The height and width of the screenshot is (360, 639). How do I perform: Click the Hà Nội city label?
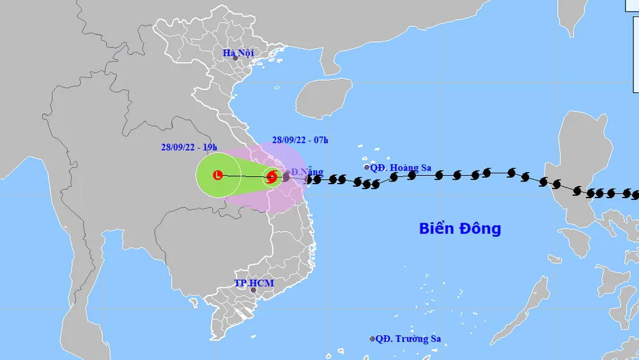click(x=238, y=53)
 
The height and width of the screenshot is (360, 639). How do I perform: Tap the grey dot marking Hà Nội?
click(x=235, y=58)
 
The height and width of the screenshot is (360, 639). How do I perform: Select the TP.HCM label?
click(x=249, y=283)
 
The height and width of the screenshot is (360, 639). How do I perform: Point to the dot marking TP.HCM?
click(x=253, y=290)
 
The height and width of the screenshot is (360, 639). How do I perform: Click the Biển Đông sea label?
click(x=460, y=228)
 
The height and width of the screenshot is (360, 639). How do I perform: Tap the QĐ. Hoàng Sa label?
click(x=401, y=168)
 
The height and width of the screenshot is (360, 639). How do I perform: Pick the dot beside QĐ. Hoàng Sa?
click(x=367, y=168)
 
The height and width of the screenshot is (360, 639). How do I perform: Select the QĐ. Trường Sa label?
click(x=408, y=339)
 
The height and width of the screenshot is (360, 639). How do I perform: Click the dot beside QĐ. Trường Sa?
click(x=373, y=339)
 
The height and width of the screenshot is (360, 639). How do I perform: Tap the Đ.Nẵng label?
click(x=307, y=172)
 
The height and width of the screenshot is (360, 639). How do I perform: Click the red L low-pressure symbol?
click(x=218, y=175)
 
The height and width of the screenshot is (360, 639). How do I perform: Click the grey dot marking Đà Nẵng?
click(x=286, y=176)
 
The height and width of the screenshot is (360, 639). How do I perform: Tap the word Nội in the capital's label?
click(x=246, y=53)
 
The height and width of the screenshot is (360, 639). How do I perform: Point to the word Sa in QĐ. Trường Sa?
click(x=433, y=339)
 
